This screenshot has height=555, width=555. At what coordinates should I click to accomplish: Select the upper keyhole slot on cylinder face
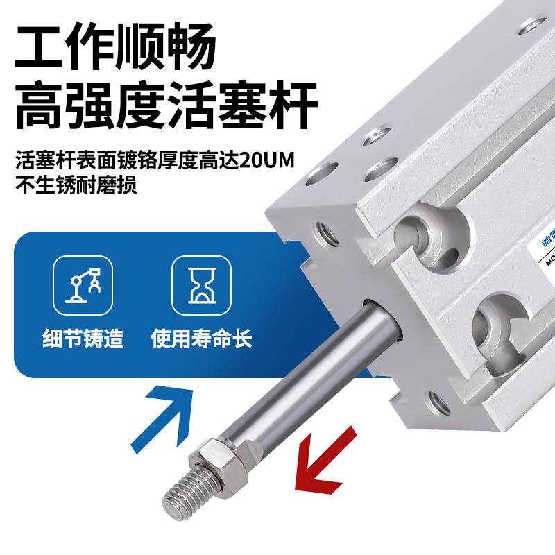tap(424, 232)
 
